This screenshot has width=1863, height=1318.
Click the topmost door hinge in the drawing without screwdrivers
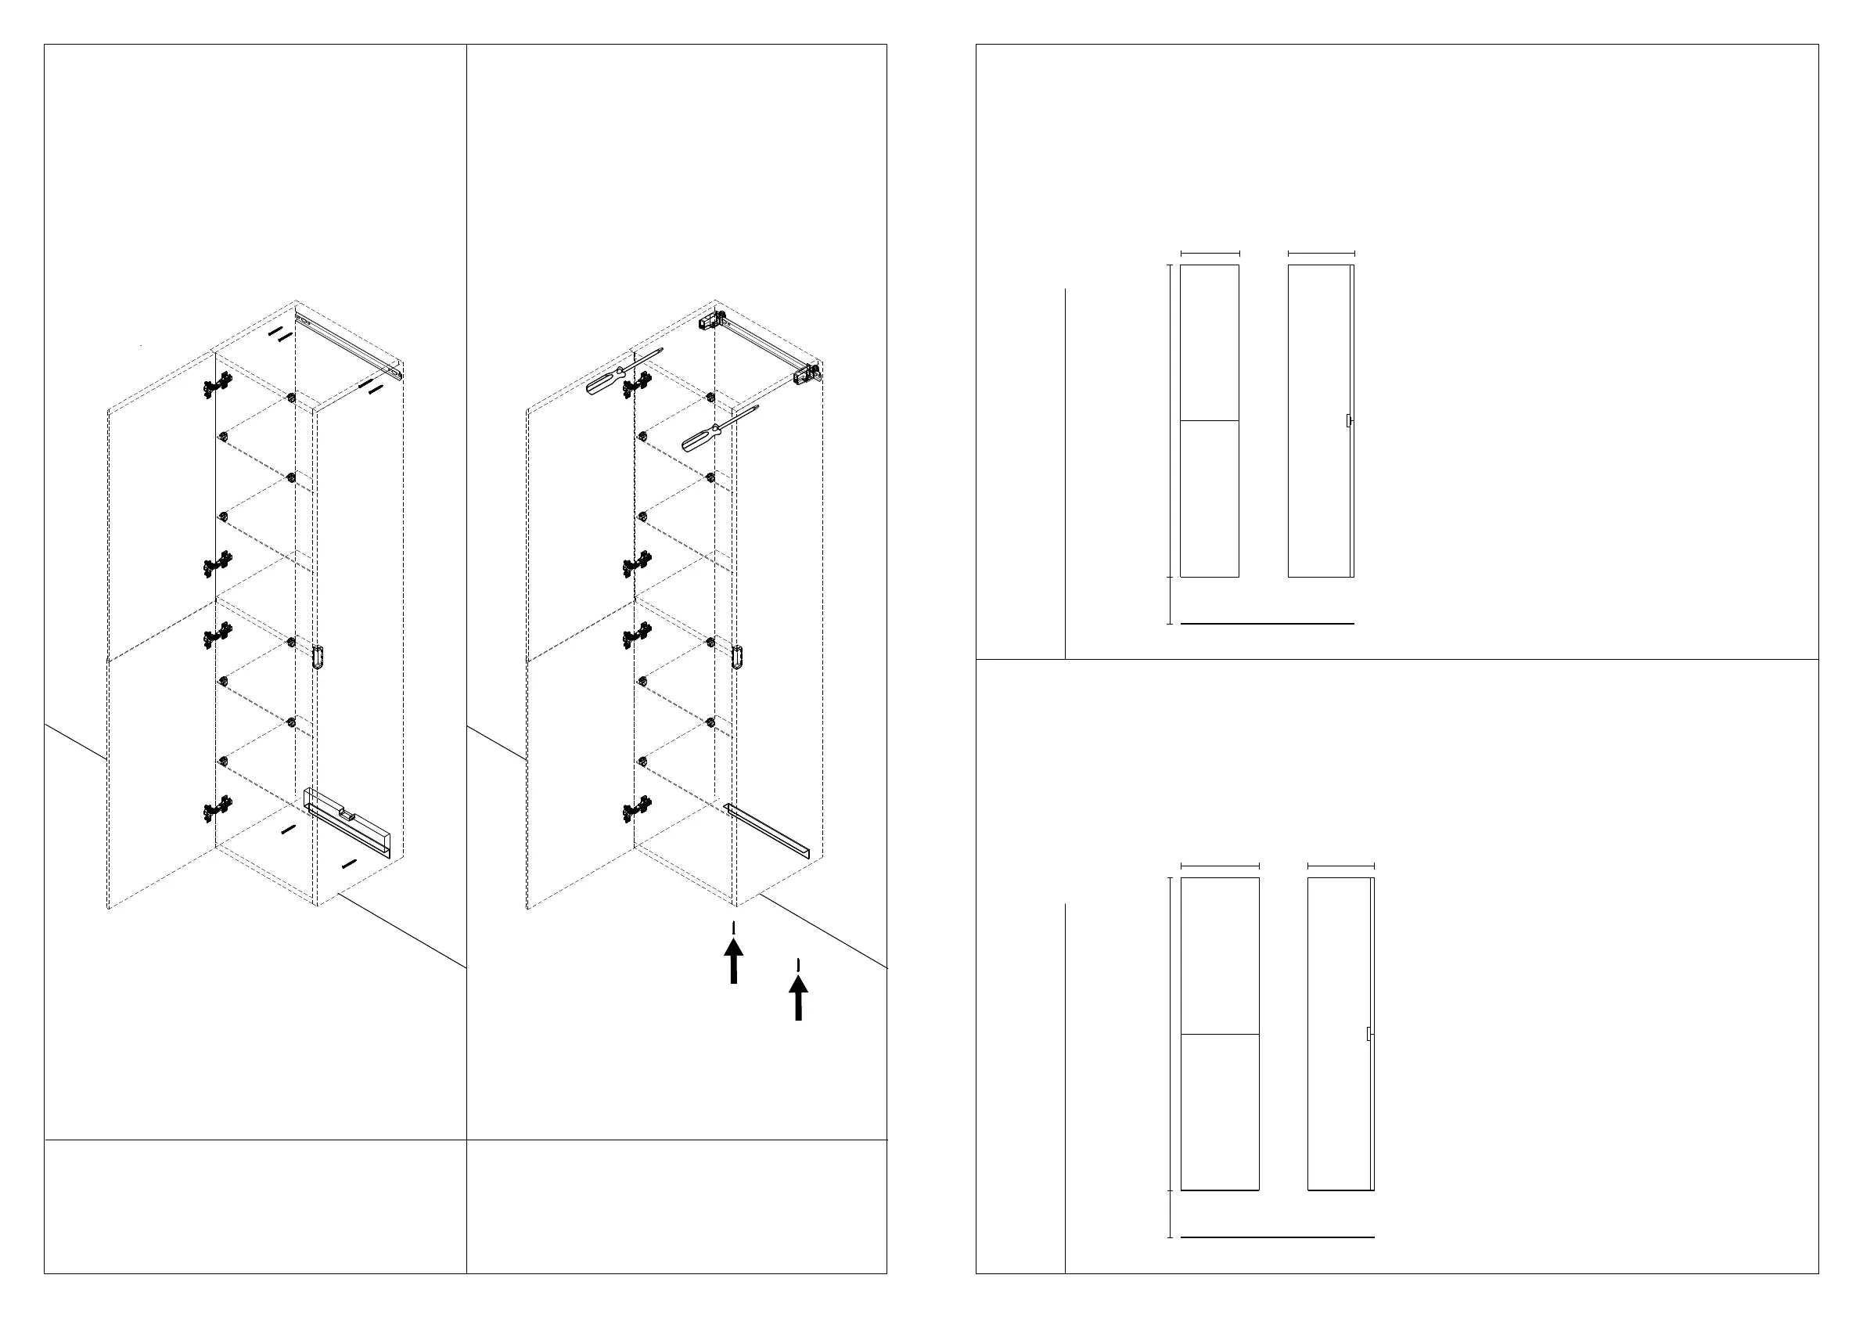pyautogui.click(x=216, y=386)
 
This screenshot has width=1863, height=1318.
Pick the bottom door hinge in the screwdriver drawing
pyautogui.click(x=636, y=810)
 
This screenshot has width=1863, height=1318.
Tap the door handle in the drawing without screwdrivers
pyautogui.click(x=318, y=657)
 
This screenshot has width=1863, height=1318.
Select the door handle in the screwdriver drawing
pyautogui.click(x=737, y=657)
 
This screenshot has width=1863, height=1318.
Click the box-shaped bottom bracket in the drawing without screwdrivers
pyautogui.click(x=347, y=821)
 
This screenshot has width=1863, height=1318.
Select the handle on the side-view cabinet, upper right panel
pyautogui.click(x=1349, y=421)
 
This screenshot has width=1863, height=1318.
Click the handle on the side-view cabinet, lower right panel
pyautogui.click(x=1368, y=1034)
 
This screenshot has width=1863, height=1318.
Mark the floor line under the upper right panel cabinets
pyautogui.click(x=1267, y=624)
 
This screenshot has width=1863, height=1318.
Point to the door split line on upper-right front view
pyautogui.click(x=1209, y=420)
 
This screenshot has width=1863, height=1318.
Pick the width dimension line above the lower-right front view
pyautogui.click(x=1220, y=866)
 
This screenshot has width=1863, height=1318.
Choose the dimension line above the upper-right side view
pyautogui.click(x=1321, y=254)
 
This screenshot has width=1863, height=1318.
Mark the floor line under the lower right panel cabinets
pyautogui.click(x=1276, y=1237)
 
